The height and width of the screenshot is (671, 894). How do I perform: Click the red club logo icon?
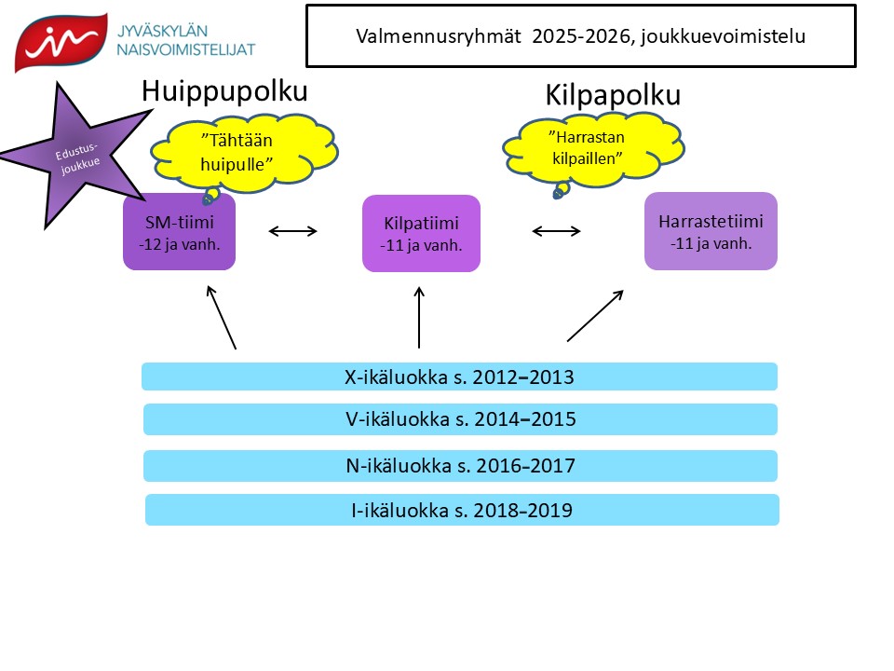click(x=58, y=42)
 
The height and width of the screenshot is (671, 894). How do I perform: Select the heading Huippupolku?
click(x=224, y=91)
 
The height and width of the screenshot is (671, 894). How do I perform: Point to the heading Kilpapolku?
click(x=612, y=96)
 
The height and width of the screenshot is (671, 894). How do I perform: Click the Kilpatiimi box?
click(x=421, y=234)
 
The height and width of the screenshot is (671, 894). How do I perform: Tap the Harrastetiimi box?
click(x=711, y=231)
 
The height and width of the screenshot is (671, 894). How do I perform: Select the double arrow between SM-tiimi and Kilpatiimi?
click(x=293, y=229)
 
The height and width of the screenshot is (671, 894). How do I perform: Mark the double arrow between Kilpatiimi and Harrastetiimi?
click(x=557, y=229)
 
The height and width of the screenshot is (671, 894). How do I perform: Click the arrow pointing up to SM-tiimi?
click(x=222, y=318)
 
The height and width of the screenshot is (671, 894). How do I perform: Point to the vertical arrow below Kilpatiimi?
click(x=419, y=317)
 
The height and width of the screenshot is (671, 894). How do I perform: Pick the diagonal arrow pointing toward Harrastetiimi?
click(x=595, y=315)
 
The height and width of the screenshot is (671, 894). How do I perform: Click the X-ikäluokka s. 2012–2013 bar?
click(x=459, y=377)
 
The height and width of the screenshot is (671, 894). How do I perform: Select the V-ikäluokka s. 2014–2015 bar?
click(x=459, y=419)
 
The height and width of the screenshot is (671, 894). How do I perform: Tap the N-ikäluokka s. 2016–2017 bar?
click(x=459, y=465)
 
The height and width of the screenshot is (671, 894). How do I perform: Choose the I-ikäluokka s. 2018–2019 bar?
click(x=461, y=510)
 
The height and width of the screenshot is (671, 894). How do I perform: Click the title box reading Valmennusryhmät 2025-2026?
click(x=580, y=36)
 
